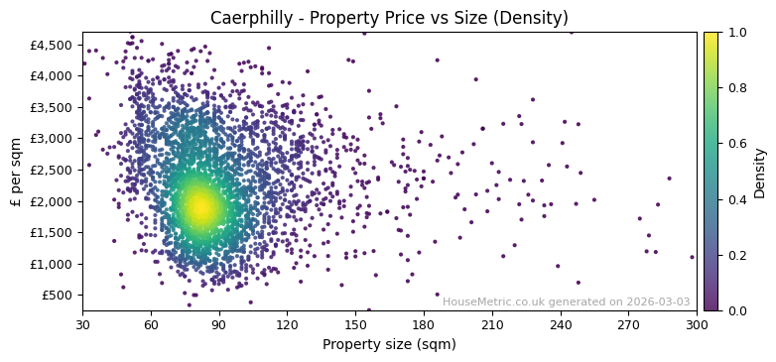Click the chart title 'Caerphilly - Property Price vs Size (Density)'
(389, 18)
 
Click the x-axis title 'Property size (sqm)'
(389, 345)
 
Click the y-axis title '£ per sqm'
(16, 171)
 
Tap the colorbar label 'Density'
(760, 173)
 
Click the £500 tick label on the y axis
(57, 295)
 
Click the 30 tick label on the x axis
(82, 324)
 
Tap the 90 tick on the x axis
(219, 324)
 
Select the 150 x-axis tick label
(355, 324)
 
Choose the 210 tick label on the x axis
(492, 324)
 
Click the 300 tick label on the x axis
(697, 324)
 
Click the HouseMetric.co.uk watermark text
(566, 302)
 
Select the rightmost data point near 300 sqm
(692, 257)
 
